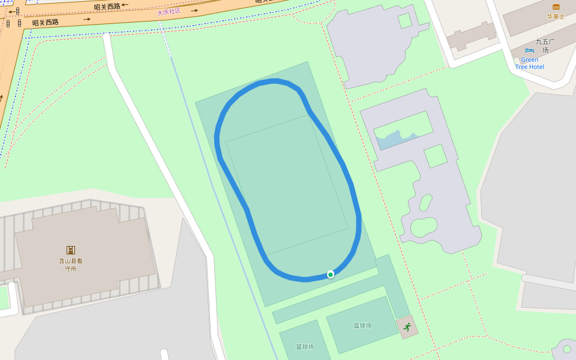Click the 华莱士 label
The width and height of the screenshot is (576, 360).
coord(556,17)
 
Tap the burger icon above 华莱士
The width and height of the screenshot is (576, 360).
coord(556,7)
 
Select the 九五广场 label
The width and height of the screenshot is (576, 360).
coord(545,46)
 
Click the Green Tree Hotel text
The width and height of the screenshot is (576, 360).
coord(529,63)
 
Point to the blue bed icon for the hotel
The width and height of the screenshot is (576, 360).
coord(529,51)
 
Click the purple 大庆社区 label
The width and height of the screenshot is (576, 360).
coord(169,11)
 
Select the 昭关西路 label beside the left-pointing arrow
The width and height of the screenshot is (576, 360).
coord(107,7)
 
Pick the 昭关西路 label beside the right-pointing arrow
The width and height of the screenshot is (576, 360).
coord(46,22)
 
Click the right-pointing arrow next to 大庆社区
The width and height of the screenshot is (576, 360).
coord(194,10)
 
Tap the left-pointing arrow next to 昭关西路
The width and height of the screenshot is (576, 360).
coord(125,5)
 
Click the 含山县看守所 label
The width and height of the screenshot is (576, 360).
coord(71,265)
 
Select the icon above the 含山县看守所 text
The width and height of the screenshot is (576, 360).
coord(71,250)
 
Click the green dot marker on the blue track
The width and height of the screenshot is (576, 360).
coord(331,274)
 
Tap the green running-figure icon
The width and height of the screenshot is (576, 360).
coord(407,327)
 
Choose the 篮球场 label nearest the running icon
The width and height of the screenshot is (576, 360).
coord(362,326)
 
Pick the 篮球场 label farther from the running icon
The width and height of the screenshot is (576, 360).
coord(305,347)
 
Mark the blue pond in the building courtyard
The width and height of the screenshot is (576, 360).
coord(396,139)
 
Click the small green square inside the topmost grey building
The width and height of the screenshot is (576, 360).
coord(405,20)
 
